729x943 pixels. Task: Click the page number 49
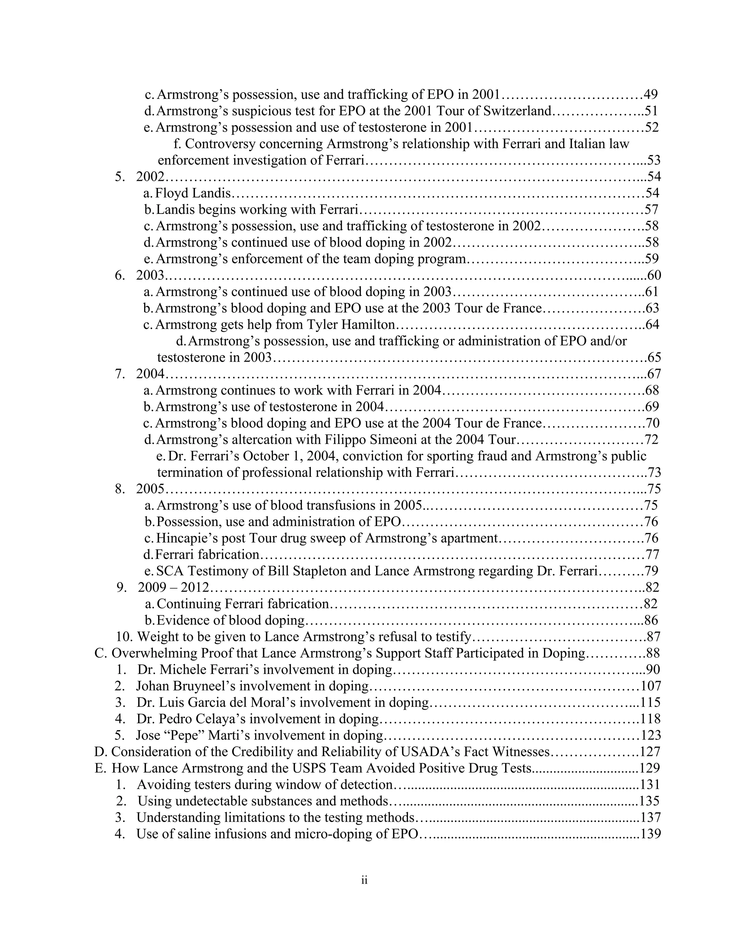[650, 94]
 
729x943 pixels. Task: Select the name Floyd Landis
[193, 193]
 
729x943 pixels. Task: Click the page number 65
[654, 358]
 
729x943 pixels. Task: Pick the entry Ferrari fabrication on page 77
[207, 554]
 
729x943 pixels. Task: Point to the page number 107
[650, 686]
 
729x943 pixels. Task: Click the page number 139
[650, 834]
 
